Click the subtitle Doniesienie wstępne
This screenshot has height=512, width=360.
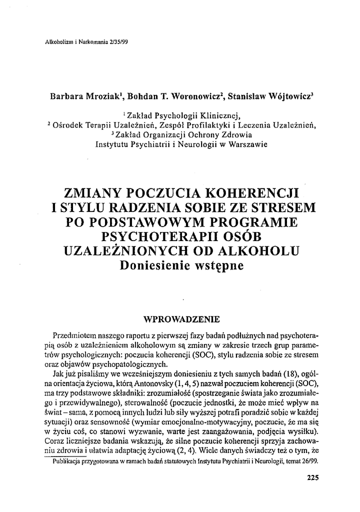(x=181, y=265)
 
